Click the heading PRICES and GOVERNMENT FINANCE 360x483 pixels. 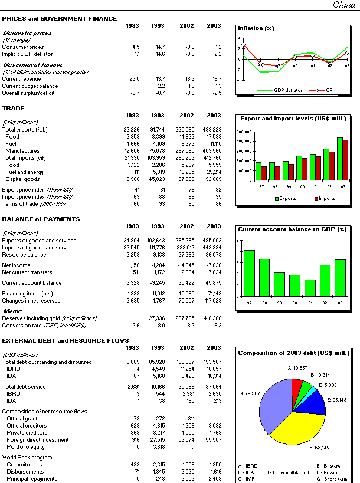point(59,19)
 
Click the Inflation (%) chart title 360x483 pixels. point(256,28)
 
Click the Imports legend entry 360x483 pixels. point(325,199)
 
